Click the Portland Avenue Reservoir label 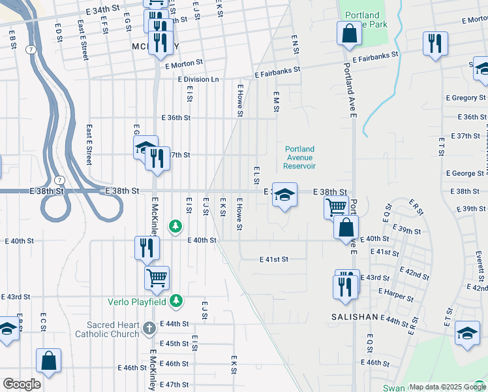pos(300,157)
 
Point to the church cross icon pos(149,326)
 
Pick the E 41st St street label pos(273,259)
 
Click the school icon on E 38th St pos(284,194)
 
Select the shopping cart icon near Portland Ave pos(336,206)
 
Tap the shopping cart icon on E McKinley pos(157,277)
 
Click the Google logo pos(21,384)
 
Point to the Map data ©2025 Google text pos(447,387)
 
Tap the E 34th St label pos(103,11)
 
